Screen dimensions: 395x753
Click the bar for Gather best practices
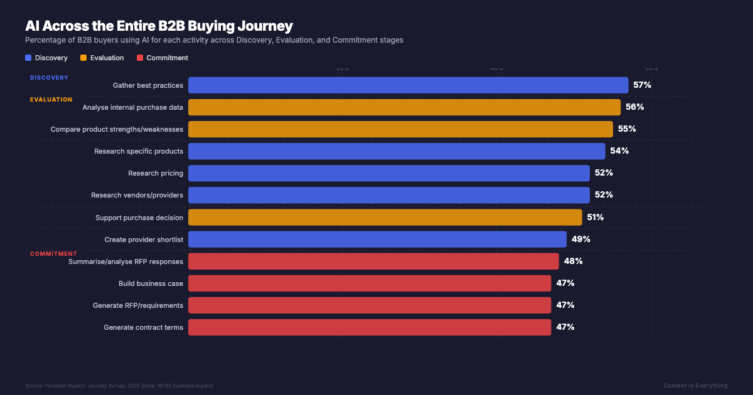click(x=408, y=85)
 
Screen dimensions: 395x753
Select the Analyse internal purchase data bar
click(x=404, y=107)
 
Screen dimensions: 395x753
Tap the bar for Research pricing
click(x=389, y=173)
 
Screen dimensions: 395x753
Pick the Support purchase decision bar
click(x=385, y=217)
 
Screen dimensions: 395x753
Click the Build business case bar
click(x=370, y=283)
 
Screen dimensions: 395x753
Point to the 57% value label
click(x=642, y=85)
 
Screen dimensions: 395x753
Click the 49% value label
click(x=580, y=240)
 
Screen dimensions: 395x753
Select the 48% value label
click(x=573, y=261)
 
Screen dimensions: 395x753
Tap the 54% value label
click(x=619, y=151)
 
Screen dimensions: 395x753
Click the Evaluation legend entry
click(x=102, y=58)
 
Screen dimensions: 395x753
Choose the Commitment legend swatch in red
click(x=140, y=58)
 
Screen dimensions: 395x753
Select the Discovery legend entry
click(x=46, y=58)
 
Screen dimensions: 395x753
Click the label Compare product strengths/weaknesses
click(x=117, y=129)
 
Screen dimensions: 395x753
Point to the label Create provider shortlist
click(x=144, y=240)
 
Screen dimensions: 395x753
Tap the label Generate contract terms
click(x=143, y=327)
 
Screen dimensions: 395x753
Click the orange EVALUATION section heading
click(x=51, y=100)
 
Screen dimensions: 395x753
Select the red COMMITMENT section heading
click(x=53, y=254)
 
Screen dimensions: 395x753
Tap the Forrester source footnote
click(x=119, y=386)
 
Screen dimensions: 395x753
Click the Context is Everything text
click(x=695, y=386)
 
